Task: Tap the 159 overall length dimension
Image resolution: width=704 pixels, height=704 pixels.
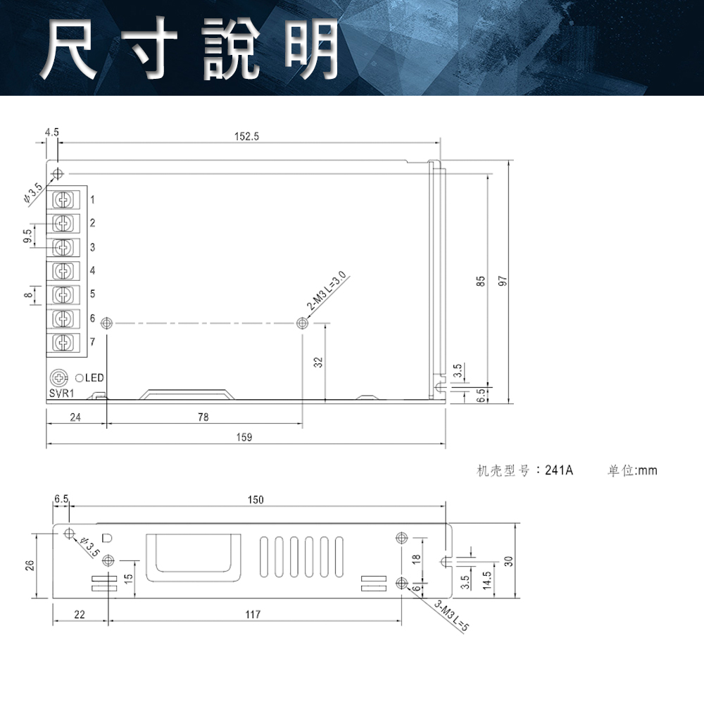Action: (244, 437)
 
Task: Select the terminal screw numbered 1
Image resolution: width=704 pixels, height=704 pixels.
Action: (63, 200)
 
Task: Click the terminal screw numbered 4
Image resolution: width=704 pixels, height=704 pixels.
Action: (63, 271)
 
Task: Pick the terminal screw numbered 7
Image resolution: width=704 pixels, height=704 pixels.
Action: (63, 343)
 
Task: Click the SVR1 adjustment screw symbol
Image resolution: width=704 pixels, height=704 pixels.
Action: (59, 378)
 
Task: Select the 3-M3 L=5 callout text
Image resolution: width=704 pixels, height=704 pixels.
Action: (451, 616)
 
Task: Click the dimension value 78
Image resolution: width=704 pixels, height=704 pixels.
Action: (203, 417)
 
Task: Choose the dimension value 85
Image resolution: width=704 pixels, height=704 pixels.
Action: (481, 281)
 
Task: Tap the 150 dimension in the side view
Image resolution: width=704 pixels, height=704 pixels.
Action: (255, 500)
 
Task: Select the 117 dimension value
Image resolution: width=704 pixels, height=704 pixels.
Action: (253, 615)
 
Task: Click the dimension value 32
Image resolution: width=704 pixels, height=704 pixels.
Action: (318, 363)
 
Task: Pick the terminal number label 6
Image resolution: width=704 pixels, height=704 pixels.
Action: (92, 319)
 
